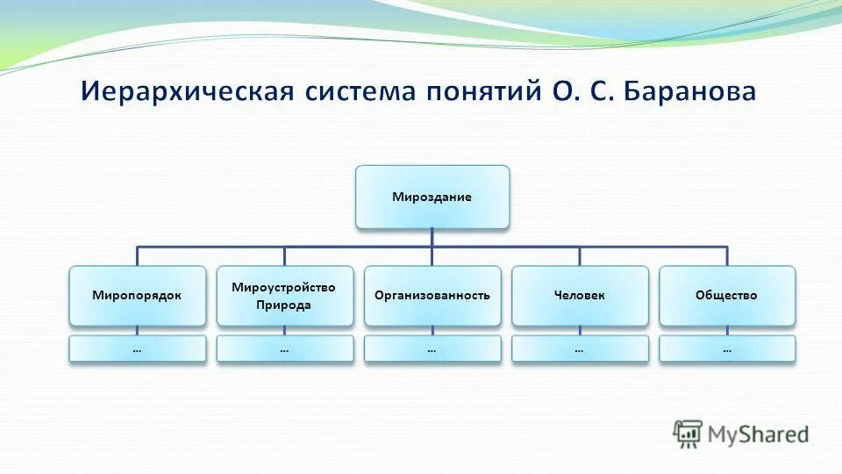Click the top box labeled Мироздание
[x=432, y=197]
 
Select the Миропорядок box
[x=137, y=296]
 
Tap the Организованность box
[x=432, y=296]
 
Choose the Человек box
[x=580, y=296]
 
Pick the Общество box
[x=726, y=296]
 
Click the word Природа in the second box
[x=283, y=305]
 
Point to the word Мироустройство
[x=283, y=287]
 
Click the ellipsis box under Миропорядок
[x=137, y=349]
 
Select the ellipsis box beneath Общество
[x=726, y=349]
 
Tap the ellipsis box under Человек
[x=580, y=349]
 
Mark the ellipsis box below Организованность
[x=432, y=349]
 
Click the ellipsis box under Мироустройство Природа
[x=284, y=349]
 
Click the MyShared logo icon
[x=688, y=433]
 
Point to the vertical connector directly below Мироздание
[x=432, y=238]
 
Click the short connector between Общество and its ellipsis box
[x=727, y=331]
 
